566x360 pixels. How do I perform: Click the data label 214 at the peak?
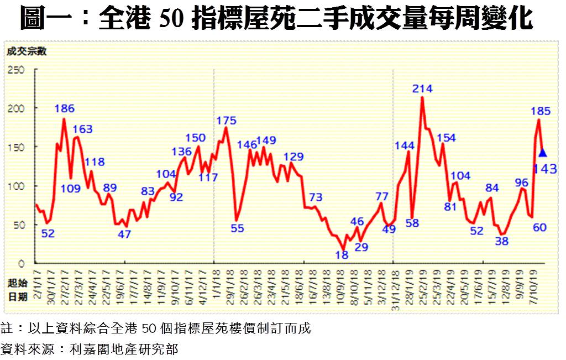point(422,88)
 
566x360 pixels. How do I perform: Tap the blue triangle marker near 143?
point(542,153)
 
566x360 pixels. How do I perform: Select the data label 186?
point(65,108)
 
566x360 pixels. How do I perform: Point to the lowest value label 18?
point(342,255)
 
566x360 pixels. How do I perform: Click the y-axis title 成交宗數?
point(27,53)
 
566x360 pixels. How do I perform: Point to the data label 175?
point(226,121)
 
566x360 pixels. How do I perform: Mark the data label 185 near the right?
point(540,111)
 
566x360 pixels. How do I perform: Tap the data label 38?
point(502,241)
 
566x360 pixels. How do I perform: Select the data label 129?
point(294,156)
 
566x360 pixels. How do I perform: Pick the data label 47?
point(124,234)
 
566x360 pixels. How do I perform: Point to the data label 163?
point(83,129)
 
